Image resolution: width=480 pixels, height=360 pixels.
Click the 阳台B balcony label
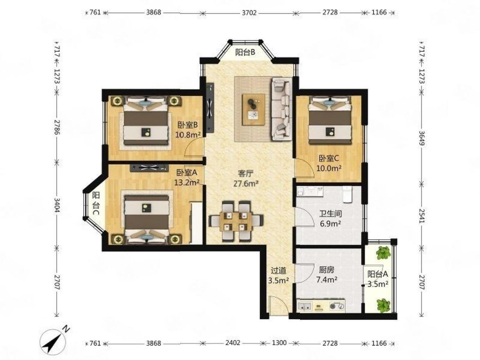[x=245, y=53]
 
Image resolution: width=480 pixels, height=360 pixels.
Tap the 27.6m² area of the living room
[x=246, y=184]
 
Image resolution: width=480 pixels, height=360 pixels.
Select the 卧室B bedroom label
[x=187, y=125]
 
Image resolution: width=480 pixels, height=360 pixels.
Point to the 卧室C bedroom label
[x=329, y=158]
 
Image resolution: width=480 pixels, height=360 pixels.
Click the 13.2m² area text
[x=187, y=182]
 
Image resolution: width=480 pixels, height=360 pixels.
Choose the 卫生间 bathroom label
[x=330, y=214]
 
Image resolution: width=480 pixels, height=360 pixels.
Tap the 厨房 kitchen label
[x=327, y=270]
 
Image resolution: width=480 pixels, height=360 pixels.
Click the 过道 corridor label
[x=278, y=271]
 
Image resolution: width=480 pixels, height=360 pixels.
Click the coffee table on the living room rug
[x=254, y=109]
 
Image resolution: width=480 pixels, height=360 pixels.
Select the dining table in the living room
[x=236, y=221]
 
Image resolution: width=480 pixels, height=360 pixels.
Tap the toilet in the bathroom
[x=347, y=194]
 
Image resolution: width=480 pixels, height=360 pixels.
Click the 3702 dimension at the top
[x=249, y=13]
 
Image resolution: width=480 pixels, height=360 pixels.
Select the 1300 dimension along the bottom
[x=279, y=343]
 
